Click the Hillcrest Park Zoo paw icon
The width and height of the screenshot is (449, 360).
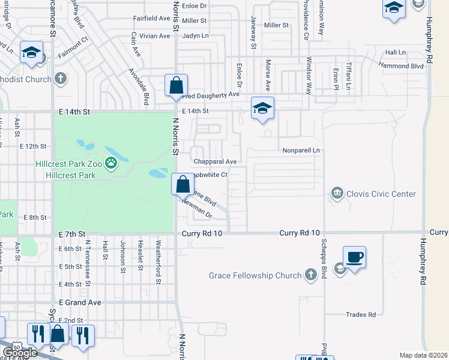110,162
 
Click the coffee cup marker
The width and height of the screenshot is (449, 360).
354,257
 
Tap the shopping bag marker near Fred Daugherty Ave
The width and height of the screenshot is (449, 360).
176,86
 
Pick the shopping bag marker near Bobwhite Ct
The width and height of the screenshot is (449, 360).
183,184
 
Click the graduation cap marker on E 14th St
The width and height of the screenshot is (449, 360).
262,109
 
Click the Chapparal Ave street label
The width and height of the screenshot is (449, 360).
215,161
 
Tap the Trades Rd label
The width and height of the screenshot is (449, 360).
361,314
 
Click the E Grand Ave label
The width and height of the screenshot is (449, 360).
80,303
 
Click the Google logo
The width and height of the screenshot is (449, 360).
20,353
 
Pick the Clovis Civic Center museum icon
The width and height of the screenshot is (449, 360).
337,194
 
